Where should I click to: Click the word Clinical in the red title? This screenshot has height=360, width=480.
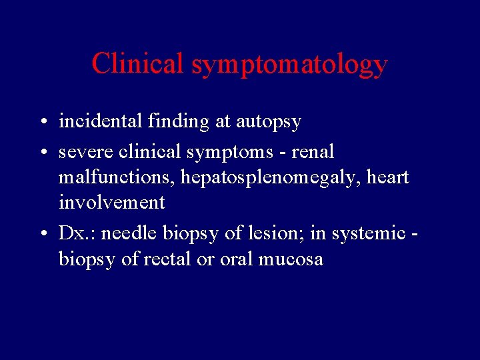point(138,63)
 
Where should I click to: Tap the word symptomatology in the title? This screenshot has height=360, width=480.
point(289,65)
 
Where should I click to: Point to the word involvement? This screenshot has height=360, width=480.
point(111,202)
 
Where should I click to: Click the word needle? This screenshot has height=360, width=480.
point(127,233)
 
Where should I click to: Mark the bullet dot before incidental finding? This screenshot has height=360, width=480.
point(42,123)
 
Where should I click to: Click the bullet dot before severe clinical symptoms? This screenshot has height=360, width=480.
point(42,153)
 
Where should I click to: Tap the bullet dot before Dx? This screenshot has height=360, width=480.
point(42,235)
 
